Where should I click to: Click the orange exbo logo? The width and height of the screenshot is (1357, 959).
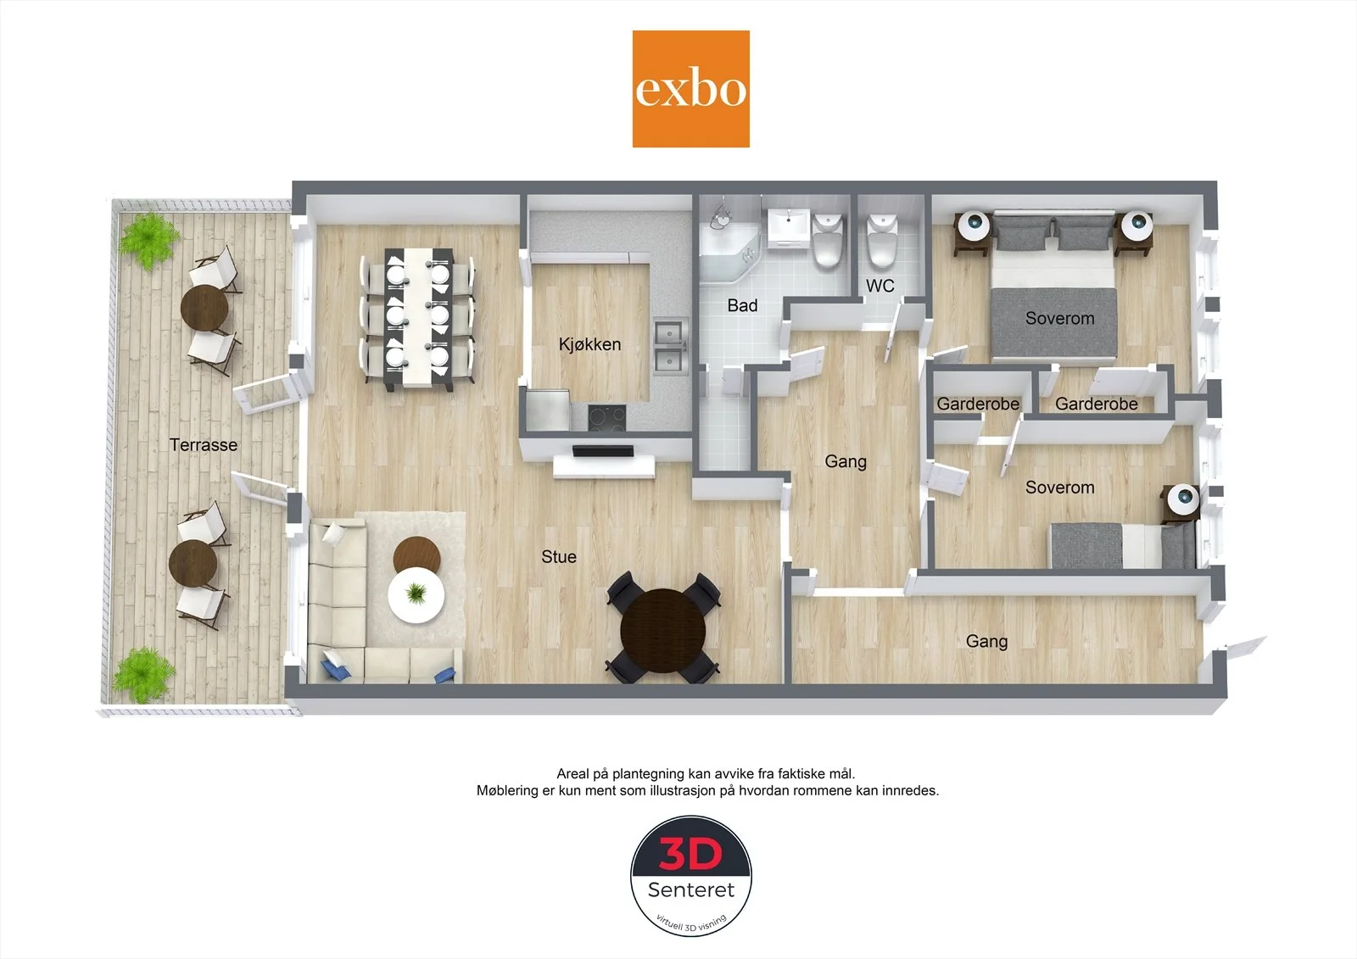690,89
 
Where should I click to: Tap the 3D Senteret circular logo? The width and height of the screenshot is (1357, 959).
691,875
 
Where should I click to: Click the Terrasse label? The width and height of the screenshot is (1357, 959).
204,444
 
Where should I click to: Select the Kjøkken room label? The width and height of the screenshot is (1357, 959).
589,344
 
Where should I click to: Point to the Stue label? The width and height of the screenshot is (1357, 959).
559,557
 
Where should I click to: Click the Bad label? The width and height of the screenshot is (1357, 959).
742,305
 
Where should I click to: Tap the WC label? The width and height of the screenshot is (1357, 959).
880,286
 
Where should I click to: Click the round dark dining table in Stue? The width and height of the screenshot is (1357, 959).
663,630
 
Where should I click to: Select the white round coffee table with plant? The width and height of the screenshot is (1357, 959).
416,594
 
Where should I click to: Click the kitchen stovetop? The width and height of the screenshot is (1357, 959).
607,419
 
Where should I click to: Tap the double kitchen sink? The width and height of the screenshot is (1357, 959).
670,347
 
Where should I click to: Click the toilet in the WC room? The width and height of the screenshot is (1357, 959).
881,241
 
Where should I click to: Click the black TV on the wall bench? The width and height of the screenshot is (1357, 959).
603,451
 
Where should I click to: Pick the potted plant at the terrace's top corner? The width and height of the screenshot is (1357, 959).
148,239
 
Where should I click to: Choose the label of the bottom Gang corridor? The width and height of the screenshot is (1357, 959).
986,642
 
